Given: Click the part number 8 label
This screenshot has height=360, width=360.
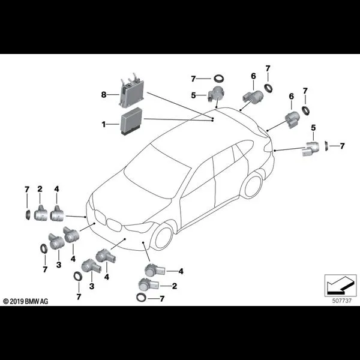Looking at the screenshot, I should click(x=103, y=94).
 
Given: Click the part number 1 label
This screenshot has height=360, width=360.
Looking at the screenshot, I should click(x=103, y=124).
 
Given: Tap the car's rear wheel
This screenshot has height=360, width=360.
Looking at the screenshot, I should click(x=252, y=185).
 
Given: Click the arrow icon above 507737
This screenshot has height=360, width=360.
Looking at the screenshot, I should click(x=336, y=282).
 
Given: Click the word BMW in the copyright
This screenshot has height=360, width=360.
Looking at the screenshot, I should click(x=35, y=300).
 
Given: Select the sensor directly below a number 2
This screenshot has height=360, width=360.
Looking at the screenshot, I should click(x=41, y=211).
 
